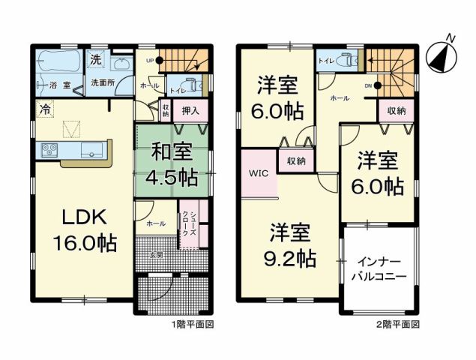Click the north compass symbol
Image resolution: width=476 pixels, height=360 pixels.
point(441,55)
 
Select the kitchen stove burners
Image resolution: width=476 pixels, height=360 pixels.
point(49,148)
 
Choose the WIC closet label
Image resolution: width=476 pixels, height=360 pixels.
point(259,173)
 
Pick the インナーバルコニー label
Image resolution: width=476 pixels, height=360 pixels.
point(381,268)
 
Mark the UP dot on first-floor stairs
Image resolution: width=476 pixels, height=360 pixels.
point(160,62)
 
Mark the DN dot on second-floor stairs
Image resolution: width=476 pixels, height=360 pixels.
point(377,85)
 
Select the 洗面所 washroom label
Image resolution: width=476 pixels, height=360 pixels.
point(103,82)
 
